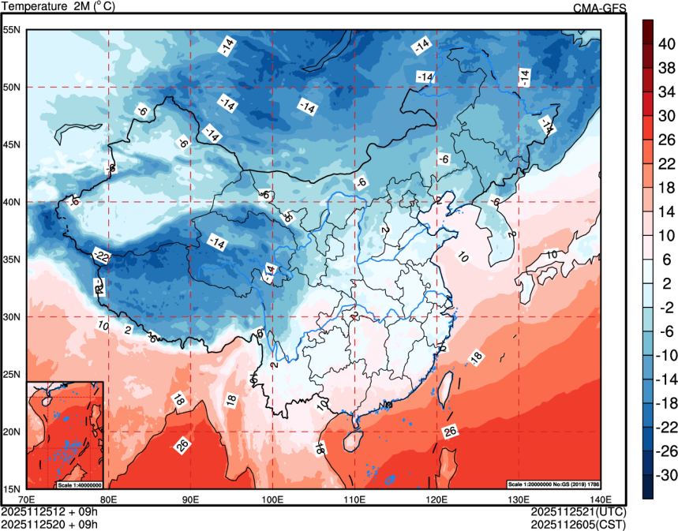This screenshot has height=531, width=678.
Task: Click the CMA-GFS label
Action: coord(599,8)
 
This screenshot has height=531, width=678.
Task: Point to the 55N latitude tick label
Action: coord(12,30)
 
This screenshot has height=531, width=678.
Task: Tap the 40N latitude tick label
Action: coord(12,202)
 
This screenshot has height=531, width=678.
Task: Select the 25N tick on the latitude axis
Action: coord(12,374)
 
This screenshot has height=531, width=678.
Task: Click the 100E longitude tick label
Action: coord(272,499)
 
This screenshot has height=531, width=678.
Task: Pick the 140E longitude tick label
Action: coord(598,499)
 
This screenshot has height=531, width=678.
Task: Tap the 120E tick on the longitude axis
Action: coord(436,499)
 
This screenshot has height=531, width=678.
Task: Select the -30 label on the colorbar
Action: coord(665,475)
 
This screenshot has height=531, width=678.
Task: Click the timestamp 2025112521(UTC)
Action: coord(579,511)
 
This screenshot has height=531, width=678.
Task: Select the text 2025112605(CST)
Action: coord(579,523)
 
